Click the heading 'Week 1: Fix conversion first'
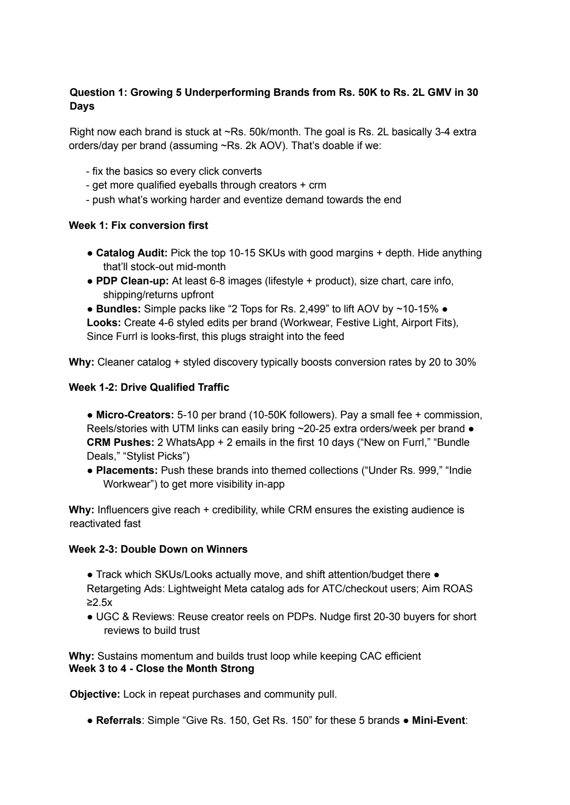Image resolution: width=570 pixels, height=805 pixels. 138,226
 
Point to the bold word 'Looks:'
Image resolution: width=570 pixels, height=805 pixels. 104,322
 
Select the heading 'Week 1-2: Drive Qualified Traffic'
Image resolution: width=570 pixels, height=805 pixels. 149,388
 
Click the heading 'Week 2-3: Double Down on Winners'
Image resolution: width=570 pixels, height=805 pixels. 158,550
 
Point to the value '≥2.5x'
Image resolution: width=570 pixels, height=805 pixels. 99,602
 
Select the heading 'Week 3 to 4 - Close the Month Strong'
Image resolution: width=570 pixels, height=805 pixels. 162,669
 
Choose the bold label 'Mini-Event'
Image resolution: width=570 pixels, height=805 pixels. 438,721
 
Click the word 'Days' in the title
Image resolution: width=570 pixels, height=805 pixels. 82,106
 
